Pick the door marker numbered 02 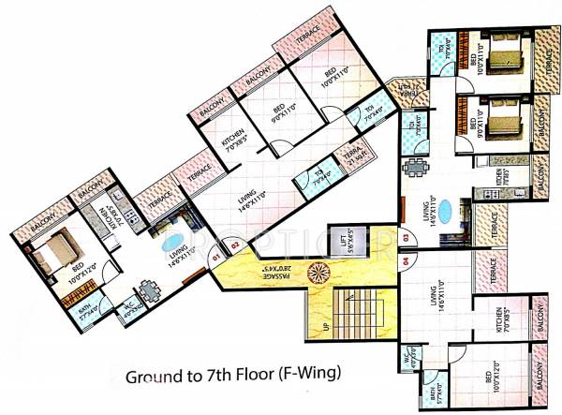(x=236, y=246)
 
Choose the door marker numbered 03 (x=407, y=239)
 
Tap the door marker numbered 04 (x=407, y=261)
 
